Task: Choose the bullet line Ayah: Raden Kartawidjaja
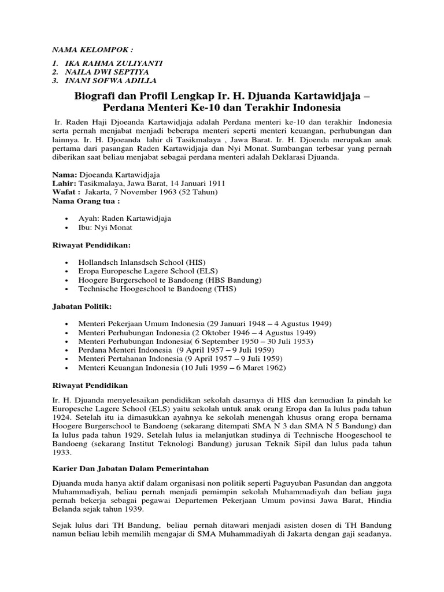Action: (x=124, y=219)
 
